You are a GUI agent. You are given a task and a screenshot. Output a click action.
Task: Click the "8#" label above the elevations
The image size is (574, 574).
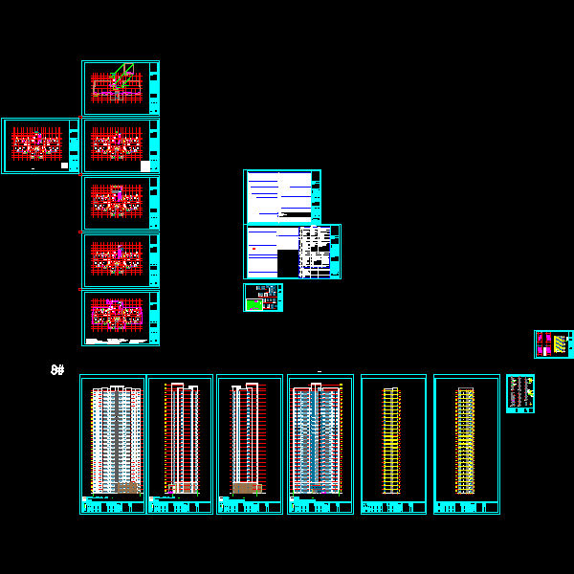tap(57, 369)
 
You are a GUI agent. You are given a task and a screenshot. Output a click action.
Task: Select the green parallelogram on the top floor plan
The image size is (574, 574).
tap(121, 74)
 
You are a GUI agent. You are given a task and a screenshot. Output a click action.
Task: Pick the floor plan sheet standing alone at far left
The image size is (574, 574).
tap(41, 145)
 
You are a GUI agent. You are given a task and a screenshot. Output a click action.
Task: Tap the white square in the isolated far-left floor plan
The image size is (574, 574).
tap(64, 166)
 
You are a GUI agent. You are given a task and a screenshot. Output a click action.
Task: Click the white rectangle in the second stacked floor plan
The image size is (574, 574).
tap(145, 166)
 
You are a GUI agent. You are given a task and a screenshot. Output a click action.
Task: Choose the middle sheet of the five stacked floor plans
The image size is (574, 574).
tap(121, 203)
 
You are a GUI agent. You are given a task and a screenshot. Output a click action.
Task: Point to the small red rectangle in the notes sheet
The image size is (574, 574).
tap(254, 248)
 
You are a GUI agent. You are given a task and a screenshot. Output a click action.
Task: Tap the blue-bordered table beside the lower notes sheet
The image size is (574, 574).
tap(320, 252)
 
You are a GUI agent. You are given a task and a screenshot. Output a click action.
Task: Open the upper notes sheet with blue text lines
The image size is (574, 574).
tap(281, 195)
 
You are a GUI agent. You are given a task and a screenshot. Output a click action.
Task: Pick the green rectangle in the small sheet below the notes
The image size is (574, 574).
tap(254, 304)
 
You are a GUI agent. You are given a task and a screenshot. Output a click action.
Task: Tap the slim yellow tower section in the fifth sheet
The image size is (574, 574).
tap(390, 440)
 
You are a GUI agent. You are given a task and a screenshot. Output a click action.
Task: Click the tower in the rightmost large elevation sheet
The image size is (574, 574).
tap(466, 440)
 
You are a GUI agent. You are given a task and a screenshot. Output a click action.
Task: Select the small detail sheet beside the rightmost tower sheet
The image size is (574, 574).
tap(519, 393)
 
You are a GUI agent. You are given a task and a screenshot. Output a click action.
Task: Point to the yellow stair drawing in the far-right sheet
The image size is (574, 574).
tap(559, 344)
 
